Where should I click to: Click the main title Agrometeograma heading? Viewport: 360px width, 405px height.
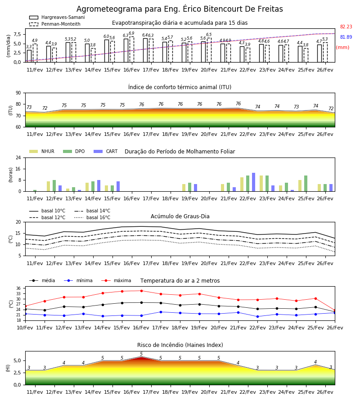(x=180, y=9)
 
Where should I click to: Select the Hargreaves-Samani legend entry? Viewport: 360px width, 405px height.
(x=57, y=17)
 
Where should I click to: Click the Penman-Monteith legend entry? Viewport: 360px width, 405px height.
(x=55, y=24)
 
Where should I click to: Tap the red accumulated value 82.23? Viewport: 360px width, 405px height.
(x=346, y=27)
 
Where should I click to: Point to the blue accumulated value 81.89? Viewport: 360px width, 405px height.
(x=346, y=37)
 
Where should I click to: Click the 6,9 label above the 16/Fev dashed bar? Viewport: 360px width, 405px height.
(x=131, y=33)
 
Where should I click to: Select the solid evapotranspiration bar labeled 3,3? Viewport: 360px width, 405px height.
(x=29, y=56)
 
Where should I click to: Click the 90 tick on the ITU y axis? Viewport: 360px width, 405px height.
(x=18, y=93)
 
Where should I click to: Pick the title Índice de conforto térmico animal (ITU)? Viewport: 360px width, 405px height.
(x=180, y=87)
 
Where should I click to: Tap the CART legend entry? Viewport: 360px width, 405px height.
(x=106, y=151)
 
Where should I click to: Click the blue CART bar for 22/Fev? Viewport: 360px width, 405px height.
(x=254, y=182)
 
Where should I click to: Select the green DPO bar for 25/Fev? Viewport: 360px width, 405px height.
(x=306, y=184)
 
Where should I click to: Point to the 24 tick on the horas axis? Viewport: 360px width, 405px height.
(x=18, y=157)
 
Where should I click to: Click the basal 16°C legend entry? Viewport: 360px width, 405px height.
(x=92, y=217)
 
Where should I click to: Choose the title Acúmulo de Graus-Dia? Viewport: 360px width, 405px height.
(x=180, y=216)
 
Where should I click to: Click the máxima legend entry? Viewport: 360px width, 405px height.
(x=116, y=280)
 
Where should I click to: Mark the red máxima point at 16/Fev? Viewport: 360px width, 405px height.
(x=141, y=291)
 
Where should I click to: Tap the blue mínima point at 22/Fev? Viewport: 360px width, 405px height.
(x=257, y=316)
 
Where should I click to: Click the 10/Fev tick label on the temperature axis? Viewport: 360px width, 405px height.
(x=25, y=328)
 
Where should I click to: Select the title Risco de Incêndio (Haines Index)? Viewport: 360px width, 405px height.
(x=180, y=345)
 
